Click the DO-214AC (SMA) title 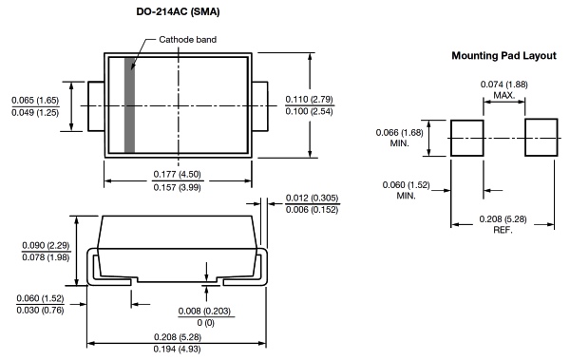click(x=178, y=11)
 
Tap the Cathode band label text click(x=187, y=39)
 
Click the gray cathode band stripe click(x=129, y=104)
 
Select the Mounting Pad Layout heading click(x=503, y=56)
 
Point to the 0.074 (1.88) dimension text click(x=503, y=85)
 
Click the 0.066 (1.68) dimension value click(x=399, y=132)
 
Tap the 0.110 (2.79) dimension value click(x=309, y=100)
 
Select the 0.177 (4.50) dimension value click(x=177, y=174)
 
